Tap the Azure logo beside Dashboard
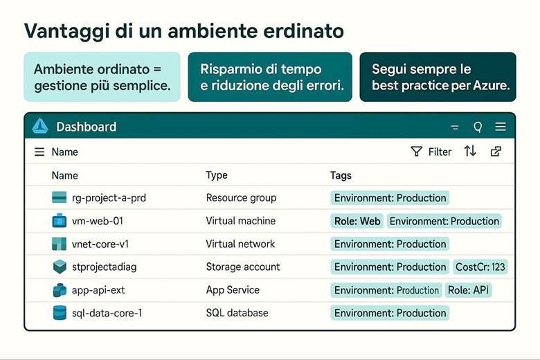[40, 126]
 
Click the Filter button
[431, 152]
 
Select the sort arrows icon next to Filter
[470, 151]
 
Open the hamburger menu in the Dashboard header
[501, 127]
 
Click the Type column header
[217, 175]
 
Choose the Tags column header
[341, 175]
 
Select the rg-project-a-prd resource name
[109, 198]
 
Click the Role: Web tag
[357, 221]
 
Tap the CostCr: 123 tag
[480, 267]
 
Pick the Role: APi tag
[468, 290]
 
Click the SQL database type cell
[237, 313]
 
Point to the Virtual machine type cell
[240, 221]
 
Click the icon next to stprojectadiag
[59, 267]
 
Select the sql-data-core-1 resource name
[107, 313]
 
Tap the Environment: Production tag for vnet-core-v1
[390, 244]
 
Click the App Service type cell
[233, 290]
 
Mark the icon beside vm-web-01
[59, 221]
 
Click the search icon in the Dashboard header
[477, 127]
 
